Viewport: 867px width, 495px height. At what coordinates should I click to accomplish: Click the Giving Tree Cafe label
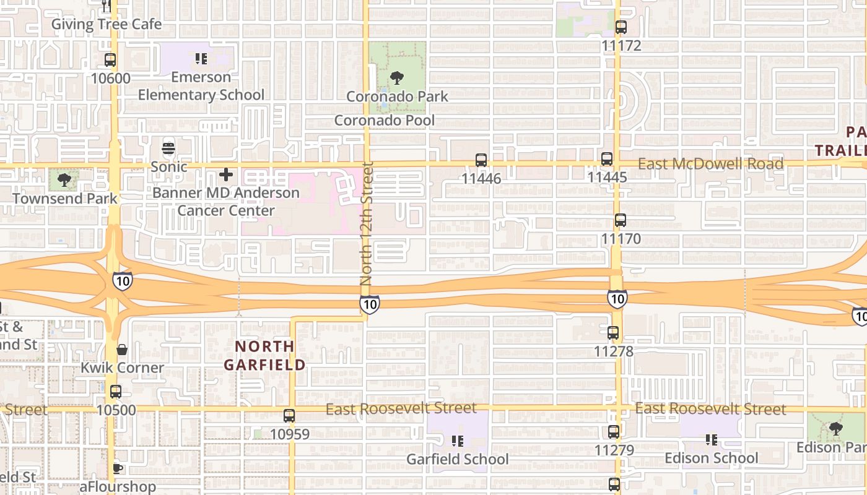click(106, 24)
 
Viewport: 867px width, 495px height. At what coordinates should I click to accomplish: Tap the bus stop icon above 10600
click(110, 60)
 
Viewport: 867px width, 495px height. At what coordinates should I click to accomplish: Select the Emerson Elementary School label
click(201, 86)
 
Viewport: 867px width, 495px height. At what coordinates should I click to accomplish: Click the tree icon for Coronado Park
click(397, 78)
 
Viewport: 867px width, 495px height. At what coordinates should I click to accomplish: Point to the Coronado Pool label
click(385, 120)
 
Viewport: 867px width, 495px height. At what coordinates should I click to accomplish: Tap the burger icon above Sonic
click(168, 148)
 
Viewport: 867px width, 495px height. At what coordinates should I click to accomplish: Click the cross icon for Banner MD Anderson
click(226, 174)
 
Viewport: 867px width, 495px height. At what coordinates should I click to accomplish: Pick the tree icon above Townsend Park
click(64, 180)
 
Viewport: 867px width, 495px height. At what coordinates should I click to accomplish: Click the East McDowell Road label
click(710, 164)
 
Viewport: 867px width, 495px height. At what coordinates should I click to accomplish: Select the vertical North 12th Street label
click(367, 223)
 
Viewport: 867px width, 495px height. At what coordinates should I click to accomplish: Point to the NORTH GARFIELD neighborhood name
click(265, 355)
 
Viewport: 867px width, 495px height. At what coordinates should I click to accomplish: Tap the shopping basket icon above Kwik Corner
click(122, 350)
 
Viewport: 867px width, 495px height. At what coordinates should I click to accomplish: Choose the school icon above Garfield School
click(458, 441)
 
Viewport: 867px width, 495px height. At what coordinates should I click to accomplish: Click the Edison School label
click(711, 458)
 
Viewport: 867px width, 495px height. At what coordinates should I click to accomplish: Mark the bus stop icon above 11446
click(481, 160)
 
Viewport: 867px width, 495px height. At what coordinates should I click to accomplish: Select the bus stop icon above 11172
click(621, 27)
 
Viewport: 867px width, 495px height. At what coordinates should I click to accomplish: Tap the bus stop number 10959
click(289, 434)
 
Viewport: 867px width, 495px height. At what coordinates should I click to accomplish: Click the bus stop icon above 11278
click(613, 333)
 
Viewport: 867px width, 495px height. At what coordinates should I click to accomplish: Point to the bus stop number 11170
click(621, 238)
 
